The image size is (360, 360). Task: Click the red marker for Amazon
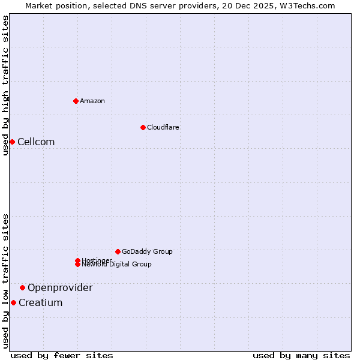click(76, 101)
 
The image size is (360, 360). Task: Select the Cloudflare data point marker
click(143, 127)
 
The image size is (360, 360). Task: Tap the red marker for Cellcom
click(12, 142)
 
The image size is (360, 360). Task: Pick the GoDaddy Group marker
click(118, 251)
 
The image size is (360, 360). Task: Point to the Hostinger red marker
click(78, 260)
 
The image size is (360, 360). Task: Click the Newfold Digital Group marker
click(78, 265)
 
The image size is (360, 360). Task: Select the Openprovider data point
click(22, 287)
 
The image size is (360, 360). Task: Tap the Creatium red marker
click(13, 302)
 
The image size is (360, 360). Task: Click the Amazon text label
click(92, 101)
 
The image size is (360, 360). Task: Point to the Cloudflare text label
click(163, 127)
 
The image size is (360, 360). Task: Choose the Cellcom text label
click(36, 142)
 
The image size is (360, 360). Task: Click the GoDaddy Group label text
click(147, 251)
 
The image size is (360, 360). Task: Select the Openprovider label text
click(60, 287)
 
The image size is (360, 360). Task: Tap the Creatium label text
click(40, 302)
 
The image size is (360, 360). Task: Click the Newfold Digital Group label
click(118, 265)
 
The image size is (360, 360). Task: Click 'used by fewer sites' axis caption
click(62, 355)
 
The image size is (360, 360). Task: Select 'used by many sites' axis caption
click(301, 355)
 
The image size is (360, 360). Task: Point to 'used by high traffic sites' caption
click(5, 85)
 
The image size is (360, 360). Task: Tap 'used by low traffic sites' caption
click(5, 281)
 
